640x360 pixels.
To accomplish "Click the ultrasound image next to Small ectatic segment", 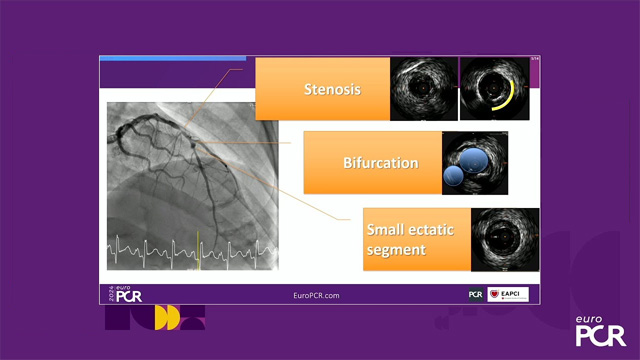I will [505, 238].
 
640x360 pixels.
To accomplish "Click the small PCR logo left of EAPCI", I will [476, 294].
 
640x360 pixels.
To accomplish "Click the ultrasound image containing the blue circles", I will [475, 162].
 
